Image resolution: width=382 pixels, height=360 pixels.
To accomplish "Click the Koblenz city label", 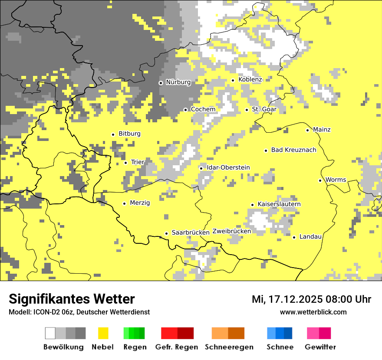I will [x=250, y=79].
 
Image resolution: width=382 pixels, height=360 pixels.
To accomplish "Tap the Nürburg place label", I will [x=178, y=82].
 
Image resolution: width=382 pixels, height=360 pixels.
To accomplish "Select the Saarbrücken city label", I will [x=191, y=232].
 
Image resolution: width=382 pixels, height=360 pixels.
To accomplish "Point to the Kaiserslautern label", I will [x=279, y=204].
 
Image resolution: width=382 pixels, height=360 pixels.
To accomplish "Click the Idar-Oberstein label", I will [x=228, y=167].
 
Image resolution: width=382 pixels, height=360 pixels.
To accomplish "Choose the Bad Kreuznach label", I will [x=293, y=150].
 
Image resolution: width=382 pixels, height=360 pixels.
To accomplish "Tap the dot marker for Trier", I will [x=126, y=163].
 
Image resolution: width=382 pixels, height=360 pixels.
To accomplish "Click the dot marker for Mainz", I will [x=308, y=130].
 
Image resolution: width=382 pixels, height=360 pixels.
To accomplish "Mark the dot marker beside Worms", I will [x=320, y=180].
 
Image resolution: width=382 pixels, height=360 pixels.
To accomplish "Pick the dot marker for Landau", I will [x=294, y=237].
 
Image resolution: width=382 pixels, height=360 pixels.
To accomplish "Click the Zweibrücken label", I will [x=231, y=231].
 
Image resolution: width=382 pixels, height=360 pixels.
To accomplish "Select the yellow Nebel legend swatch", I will [x=103, y=333].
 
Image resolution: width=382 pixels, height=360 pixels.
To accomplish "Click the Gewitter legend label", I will [x=320, y=347].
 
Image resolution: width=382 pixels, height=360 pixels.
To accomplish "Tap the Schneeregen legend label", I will [x=229, y=347].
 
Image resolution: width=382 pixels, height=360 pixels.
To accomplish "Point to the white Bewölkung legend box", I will [x=50, y=333].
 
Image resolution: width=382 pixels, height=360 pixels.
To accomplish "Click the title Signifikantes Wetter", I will [x=72, y=299].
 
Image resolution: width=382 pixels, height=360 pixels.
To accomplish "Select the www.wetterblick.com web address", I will [x=313, y=312].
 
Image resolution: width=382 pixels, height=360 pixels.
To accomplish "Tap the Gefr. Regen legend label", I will [x=176, y=347].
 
